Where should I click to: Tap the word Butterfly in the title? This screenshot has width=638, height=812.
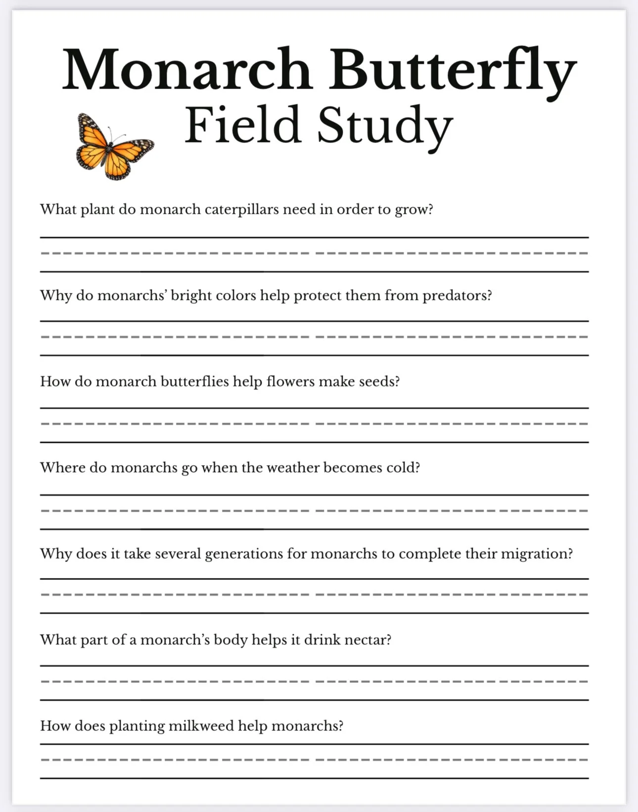(x=452, y=69)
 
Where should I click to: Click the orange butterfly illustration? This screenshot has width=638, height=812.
(x=114, y=146)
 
